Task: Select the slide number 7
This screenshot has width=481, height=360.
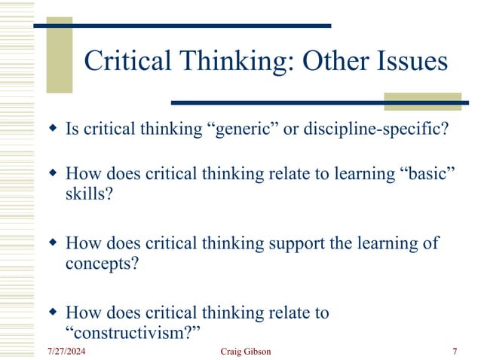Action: [455, 352]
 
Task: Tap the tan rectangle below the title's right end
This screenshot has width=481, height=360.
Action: [421, 101]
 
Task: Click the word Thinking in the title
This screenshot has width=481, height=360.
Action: [219, 62]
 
